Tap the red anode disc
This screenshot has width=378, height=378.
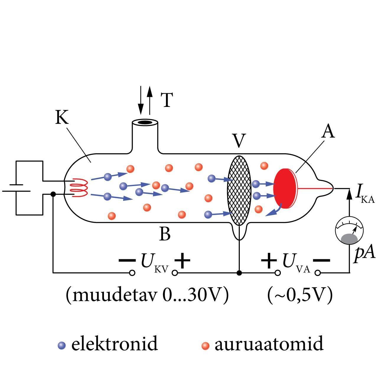click(x=284, y=188)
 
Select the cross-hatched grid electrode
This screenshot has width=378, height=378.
click(x=239, y=190)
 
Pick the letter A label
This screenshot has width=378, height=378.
click(x=328, y=131)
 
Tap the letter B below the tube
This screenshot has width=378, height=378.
click(x=165, y=234)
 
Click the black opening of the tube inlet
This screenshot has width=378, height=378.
click(x=144, y=122)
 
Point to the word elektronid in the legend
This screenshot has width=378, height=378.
click(x=115, y=344)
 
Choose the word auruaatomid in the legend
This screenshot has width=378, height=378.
click(x=269, y=344)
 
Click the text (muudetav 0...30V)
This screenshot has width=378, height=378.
click(x=147, y=294)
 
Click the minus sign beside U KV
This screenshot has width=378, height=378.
click(x=127, y=260)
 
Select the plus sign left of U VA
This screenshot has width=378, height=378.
click(x=269, y=260)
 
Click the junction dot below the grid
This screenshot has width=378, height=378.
click(x=239, y=273)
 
